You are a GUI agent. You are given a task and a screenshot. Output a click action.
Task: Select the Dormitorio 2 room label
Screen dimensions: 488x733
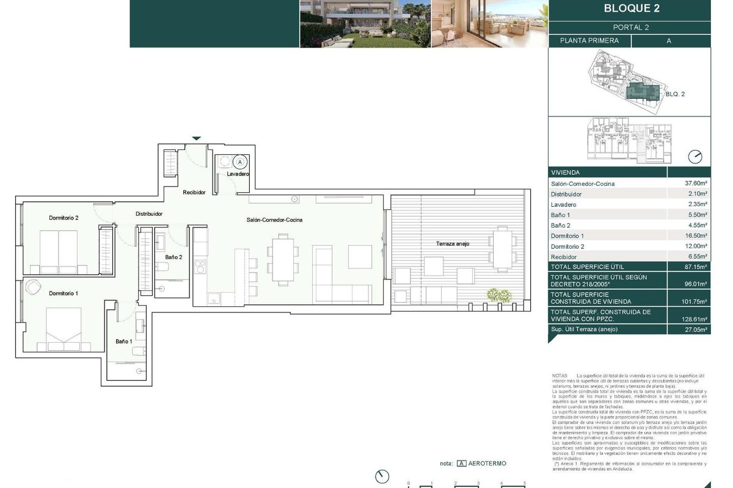pyautogui.click(x=64, y=218)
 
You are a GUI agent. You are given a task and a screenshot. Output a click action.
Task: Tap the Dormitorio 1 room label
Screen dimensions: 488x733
pyautogui.click(x=64, y=293)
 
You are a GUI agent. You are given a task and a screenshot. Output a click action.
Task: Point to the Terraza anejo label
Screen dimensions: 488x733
pyautogui.click(x=453, y=243)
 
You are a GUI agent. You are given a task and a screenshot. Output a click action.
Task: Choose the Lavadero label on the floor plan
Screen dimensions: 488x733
pyautogui.click(x=238, y=174)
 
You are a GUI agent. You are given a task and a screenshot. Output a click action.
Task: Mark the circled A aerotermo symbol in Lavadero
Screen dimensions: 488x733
pyautogui.click(x=240, y=162)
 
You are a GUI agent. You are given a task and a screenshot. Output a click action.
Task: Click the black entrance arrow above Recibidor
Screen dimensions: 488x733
pyautogui.click(x=196, y=138)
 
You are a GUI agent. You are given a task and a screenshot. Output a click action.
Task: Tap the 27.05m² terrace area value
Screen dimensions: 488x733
pyautogui.click(x=696, y=329)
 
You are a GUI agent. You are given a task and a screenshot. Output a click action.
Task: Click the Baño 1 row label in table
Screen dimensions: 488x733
pyautogui.click(x=560, y=215)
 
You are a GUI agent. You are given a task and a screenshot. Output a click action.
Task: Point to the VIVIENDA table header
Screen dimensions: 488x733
pyautogui.click(x=565, y=173)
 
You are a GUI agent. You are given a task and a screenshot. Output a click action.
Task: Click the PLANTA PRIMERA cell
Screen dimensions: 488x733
pyautogui.click(x=589, y=41)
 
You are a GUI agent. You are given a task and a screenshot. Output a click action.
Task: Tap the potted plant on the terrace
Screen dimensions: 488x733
pyautogui.click(x=500, y=295)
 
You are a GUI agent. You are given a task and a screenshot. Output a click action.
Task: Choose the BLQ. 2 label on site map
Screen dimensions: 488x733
pyautogui.click(x=675, y=94)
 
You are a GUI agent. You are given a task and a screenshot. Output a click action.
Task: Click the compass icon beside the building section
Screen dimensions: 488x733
pyautogui.click(x=695, y=157)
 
